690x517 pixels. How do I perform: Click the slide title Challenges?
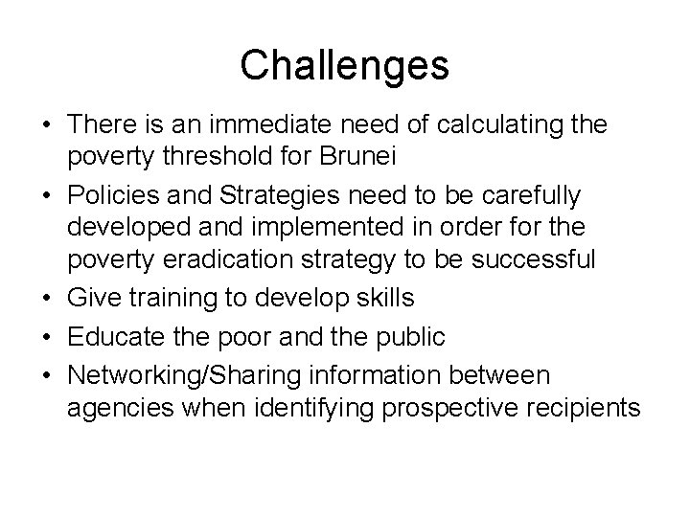[344, 65]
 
